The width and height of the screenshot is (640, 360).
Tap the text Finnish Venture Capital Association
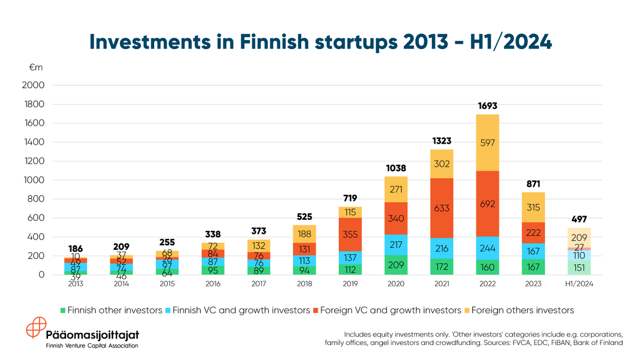tap(92, 346)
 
